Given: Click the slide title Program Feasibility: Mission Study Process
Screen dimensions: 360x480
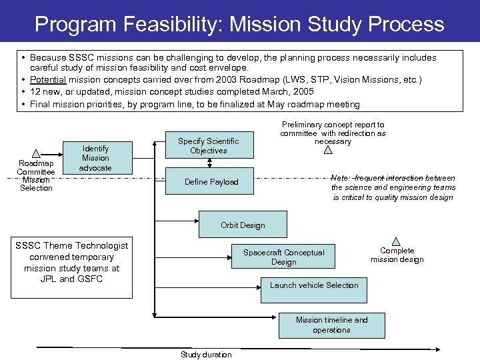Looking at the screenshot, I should pyautogui.click(x=239, y=25).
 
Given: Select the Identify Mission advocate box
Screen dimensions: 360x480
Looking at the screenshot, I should pyautogui.click(x=95, y=159).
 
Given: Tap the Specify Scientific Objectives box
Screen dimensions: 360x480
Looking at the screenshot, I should pyautogui.click(x=208, y=146).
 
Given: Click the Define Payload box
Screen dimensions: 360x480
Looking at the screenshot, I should pyautogui.click(x=211, y=182).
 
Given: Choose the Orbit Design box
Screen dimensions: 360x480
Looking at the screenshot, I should pyautogui.click(x=243, y=225).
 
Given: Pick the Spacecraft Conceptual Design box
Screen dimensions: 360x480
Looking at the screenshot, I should pyautogui.click(x=283, y=257).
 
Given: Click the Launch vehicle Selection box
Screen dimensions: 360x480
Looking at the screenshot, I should pyautogui.click(x=313, y=285).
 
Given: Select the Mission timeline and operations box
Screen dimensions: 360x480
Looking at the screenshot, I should pyautogui.click(x=331, y=325).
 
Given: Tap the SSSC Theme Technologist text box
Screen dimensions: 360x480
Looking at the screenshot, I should pyautogui.click(x=72, y=263).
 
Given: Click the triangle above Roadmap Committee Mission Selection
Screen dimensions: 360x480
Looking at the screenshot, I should pyautogui.click(x=36, y=153).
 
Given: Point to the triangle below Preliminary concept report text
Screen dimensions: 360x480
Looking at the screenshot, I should pyautogui.click(x=327, y=150).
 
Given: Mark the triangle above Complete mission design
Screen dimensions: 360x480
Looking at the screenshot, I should pyautogui.click(x=396, y=241).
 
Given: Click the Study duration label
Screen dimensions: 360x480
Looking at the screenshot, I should pyautogui.click(x=206, y=355).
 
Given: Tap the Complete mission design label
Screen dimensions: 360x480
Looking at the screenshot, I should pyautogui.click(x=397, y=255).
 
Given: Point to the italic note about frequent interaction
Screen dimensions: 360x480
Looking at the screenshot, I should pyautogui.click(x=393, y=187).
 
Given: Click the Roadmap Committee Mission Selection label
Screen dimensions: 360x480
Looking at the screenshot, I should pyautogui.click(x=36, y=175).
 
